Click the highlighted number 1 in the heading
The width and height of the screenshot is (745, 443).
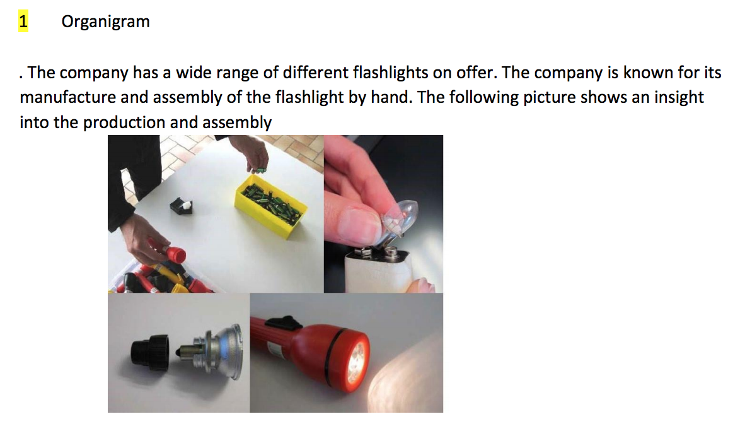tap(23, 21)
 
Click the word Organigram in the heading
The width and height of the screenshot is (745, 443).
tap(105, 22)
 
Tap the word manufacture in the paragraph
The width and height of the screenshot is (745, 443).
tap(68, 97)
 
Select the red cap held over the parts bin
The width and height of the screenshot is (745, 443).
tap(171, 252)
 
